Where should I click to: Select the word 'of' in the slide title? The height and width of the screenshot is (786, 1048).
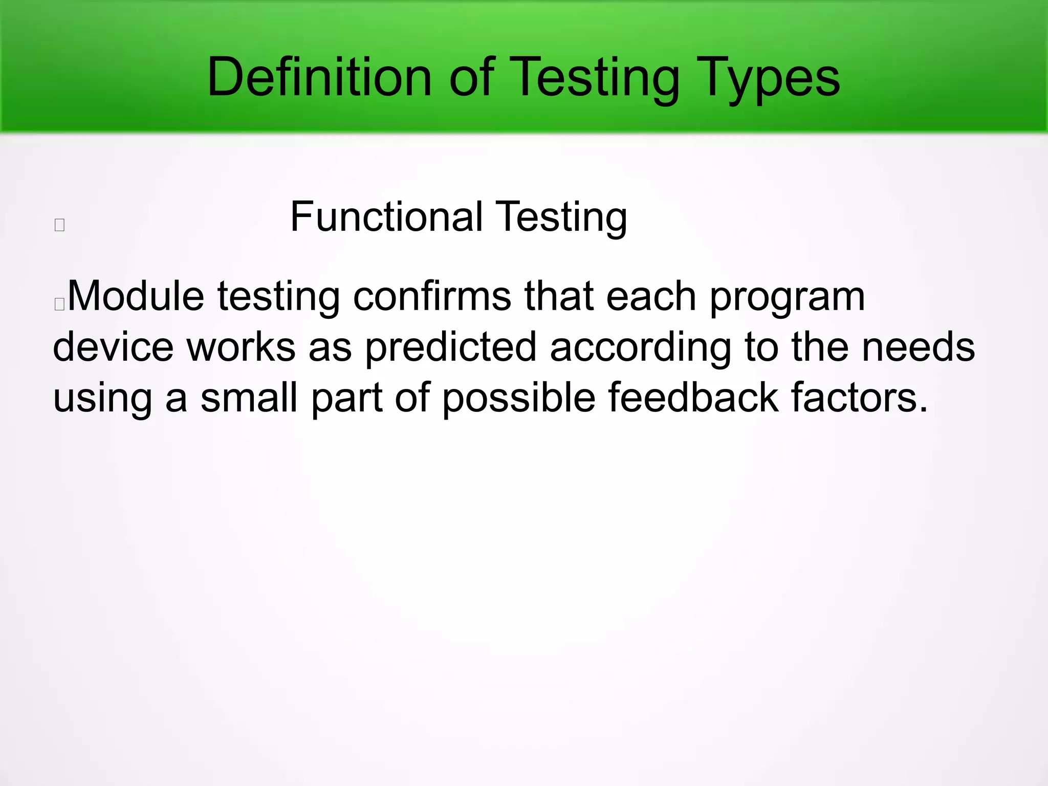(x=471, y=78)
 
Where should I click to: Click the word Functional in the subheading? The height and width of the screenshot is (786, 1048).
(x=386, y=217)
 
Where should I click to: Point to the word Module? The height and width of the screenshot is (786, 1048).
(x=136, y=296)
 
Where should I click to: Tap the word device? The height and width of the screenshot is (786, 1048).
(x=113, y=347)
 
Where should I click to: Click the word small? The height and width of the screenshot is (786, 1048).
(x=249, y=398)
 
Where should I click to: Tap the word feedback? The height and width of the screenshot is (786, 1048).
(x=693, y=398)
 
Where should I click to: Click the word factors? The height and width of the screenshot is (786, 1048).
(x=859, y=398)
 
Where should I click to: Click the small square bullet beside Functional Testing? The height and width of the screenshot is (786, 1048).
(x=59, y=225)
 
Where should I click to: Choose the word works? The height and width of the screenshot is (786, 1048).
(x=241, y=347)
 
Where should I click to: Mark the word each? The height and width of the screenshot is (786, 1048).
(x=650, y=296)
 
